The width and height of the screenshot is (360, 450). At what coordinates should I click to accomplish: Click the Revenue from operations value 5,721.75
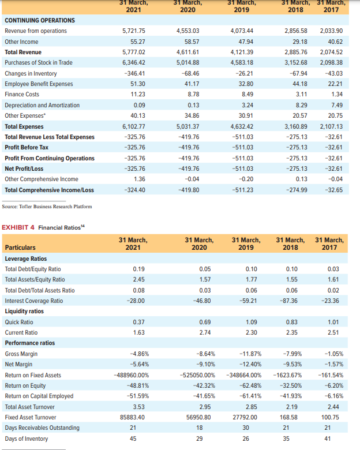tap(133, 31)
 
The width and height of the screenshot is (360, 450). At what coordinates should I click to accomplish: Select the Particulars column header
tap(20, 247)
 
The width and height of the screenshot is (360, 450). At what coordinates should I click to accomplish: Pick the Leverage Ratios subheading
tap(26, 258)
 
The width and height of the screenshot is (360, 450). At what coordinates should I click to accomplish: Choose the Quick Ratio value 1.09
tap(250, 322)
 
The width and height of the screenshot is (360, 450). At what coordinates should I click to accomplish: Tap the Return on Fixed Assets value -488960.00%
tap(127, 375)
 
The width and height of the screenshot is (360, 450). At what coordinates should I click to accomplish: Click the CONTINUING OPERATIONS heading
tap(40, 20)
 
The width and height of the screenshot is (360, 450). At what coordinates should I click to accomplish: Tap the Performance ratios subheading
tap(29, 343)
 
